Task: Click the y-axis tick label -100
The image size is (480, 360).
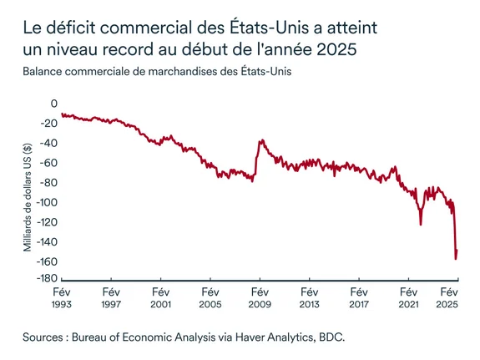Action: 45,202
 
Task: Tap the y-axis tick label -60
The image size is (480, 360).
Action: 48,163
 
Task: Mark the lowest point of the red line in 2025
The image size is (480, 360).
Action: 456,258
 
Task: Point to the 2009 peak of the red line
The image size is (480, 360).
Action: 260,140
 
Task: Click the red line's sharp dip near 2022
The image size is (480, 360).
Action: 421,224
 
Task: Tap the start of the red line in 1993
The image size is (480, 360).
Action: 62,114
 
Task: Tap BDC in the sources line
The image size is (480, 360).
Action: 331,337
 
